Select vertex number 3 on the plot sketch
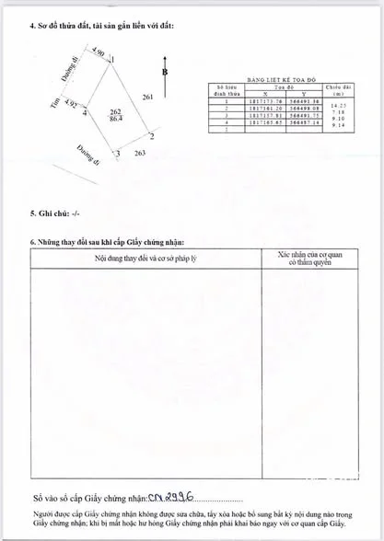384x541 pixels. [117, 153]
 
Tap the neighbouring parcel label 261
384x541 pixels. [147, 97]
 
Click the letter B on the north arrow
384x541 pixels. [164, 71]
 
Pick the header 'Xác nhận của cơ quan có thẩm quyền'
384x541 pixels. [308, 257]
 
